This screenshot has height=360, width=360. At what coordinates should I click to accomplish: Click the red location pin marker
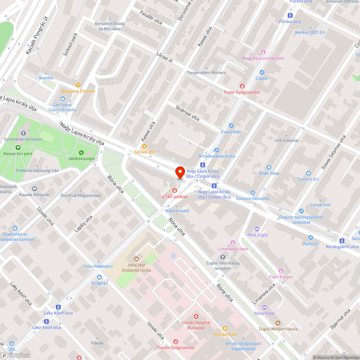180,172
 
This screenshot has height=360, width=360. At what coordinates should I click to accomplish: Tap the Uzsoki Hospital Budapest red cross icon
196,316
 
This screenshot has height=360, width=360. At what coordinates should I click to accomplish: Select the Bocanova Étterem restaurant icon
78,85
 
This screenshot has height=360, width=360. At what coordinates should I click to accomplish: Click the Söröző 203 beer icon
144,146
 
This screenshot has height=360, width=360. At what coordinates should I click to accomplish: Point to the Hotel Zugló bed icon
257,229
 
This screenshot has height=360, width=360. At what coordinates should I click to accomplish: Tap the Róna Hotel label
264,313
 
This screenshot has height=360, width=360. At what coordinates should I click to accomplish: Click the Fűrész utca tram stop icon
291,15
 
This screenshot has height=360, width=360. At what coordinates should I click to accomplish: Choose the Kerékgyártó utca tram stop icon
342,240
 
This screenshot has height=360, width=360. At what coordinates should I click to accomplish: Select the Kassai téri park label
18,154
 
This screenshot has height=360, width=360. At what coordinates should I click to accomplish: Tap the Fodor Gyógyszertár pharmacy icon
242,86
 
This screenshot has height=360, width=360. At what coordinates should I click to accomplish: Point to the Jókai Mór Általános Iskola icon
136,258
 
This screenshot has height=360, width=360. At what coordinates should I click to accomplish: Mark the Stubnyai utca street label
187,112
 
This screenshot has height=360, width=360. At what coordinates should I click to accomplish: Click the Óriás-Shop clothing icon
269,167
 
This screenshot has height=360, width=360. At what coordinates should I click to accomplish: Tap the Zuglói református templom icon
222,257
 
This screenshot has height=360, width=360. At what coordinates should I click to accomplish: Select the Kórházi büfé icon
225,328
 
